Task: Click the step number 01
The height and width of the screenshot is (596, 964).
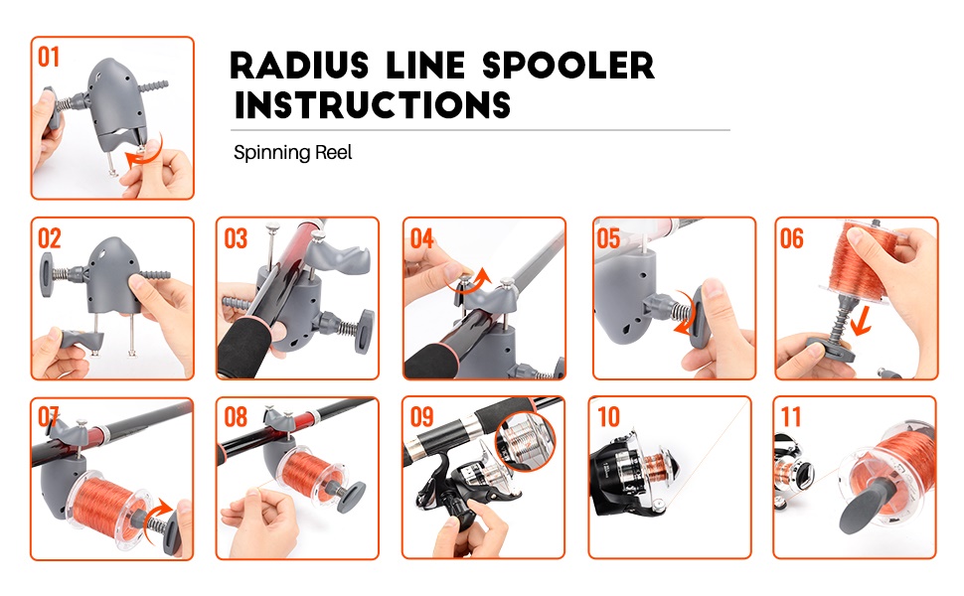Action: [49, 57]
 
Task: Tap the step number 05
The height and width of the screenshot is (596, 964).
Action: [608, 238]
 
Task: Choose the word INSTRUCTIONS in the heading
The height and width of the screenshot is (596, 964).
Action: [373, 104]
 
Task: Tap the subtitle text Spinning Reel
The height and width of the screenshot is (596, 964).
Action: [293, 153]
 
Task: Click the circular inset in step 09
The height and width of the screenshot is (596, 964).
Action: [525, 437]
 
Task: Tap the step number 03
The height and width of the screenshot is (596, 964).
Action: [236, 238]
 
